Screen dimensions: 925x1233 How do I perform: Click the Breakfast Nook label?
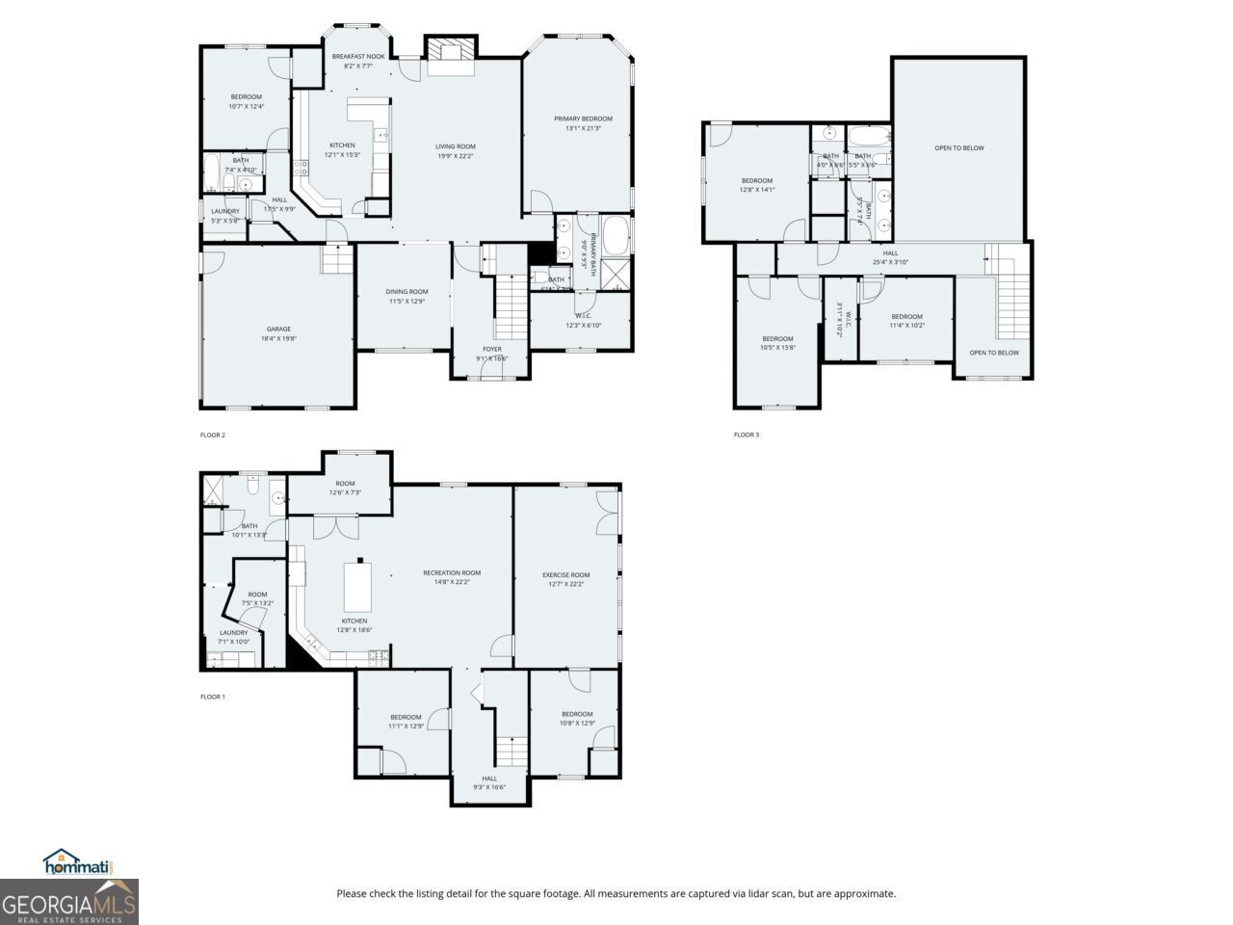pyautogui.click(x=358, y=61)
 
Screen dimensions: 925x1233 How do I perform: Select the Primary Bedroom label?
pyautogui.click(x=583, y=123)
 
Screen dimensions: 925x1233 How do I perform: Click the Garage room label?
pyautogui.click(x=278, y=333)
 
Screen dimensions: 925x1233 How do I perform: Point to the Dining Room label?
pyautogui.click(x=407, y=296)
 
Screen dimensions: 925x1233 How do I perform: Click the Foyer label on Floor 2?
pyautogui.click(x=491, y=354)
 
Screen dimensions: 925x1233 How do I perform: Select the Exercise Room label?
pyautogui.click(x=565, y=579)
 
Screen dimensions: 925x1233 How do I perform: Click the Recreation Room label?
pyautogui.click(x=452, y=577)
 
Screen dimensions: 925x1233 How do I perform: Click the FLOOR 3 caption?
pyautogui.click(x=747, y=435)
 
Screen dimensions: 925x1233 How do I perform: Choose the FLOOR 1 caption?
pyautogui.click(x=213, y=697)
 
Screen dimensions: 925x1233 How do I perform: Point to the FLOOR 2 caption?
pyautogui.click(x=213, y=435)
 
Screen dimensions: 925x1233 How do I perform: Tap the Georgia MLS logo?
pyautogui.click(x=69, y=904)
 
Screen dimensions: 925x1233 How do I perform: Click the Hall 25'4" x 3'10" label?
pyautogui.click(x=890, y=257)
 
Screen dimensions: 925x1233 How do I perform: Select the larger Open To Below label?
pyautogui.click(x=958, y=147)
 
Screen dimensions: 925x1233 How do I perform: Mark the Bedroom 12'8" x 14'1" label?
pyautogui.click(x=757, y=185)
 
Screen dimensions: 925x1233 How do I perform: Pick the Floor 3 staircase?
pyautogui.click(x=1010, y=299)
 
